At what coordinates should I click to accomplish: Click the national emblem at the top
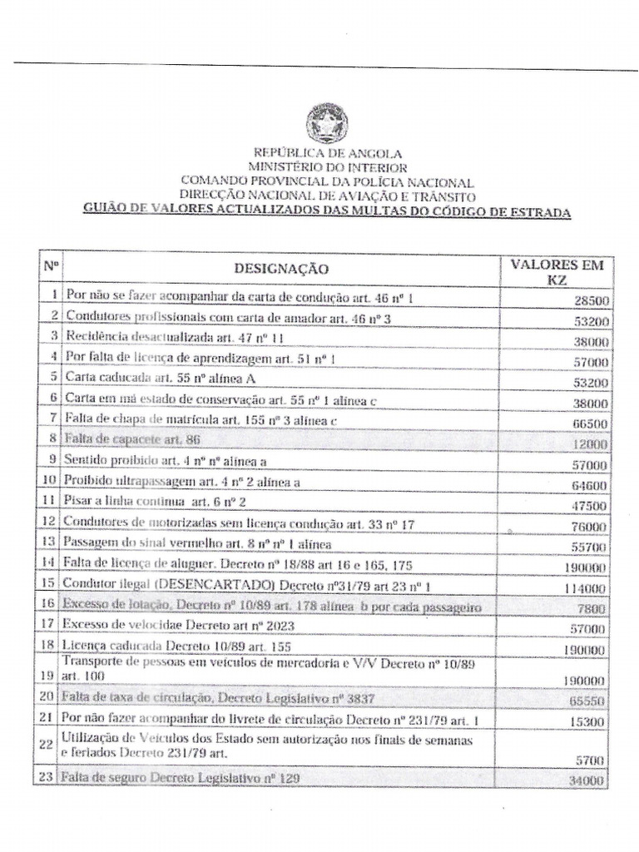[x=327, y=123]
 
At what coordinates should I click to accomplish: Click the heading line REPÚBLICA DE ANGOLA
[x=327, y=153]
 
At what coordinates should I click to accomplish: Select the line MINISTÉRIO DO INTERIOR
[x=327, y=167]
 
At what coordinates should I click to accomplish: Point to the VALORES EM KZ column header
[x=557, y=272]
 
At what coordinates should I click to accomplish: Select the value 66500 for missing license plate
[x=591, y=424]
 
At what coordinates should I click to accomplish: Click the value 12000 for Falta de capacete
[x=591, y=444]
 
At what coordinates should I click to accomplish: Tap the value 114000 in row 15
[x=587, y=587]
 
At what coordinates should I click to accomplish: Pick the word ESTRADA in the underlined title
[x=539, y=212]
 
